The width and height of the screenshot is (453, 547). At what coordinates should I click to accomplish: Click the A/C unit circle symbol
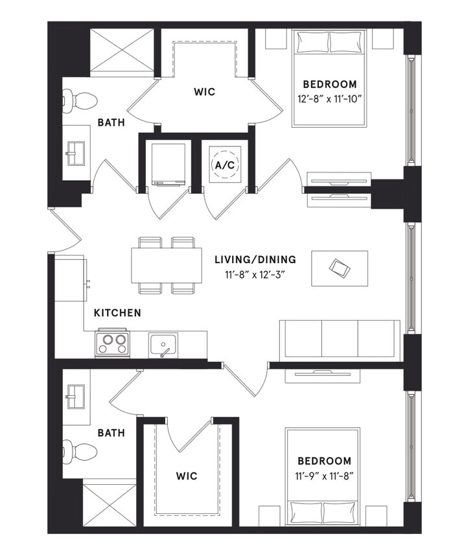pyautogui.click(x=224, y=165)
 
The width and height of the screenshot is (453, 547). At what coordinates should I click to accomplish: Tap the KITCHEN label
pyautogui.click(x=117, y=313)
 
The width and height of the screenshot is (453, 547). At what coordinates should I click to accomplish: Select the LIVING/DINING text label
pyautogui.click(x=255, y=259)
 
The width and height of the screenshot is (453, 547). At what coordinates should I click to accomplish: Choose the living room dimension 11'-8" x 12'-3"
pyautogui.click(x=255, y=274)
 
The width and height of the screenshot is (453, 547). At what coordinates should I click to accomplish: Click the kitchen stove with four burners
pyautogui.click(x=113, y=343)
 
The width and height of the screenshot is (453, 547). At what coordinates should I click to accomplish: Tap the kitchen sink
pyautogui.click(x=163, y=343)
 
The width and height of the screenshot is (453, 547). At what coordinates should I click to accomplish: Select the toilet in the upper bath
pyautogui.click(x=77, y=100)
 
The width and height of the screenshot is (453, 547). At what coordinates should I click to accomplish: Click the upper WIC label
pyautogui.click(x=204, y=91)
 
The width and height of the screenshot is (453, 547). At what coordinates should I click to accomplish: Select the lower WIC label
pyautogui.click(x=187, y=476)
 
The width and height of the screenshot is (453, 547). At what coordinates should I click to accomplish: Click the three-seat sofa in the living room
pyautogui.click(x=339, y=338)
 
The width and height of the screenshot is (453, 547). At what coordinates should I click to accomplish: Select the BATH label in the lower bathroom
pyautogui.click(x=111, y=432)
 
